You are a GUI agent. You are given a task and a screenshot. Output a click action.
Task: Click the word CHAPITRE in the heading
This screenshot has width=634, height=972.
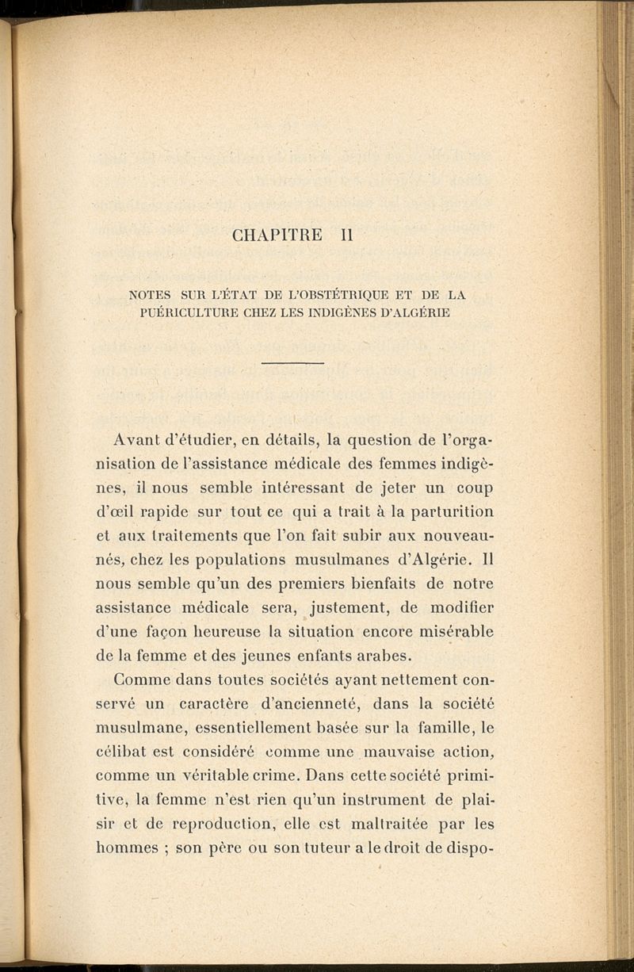[x=277, y=235]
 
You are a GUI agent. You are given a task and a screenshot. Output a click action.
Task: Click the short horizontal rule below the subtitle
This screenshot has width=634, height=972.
[x=292, y=362]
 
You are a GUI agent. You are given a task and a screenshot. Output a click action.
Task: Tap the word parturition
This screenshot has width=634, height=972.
[x=451, y=512]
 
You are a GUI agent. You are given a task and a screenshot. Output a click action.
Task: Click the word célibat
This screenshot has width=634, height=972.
[x=119, y=752]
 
